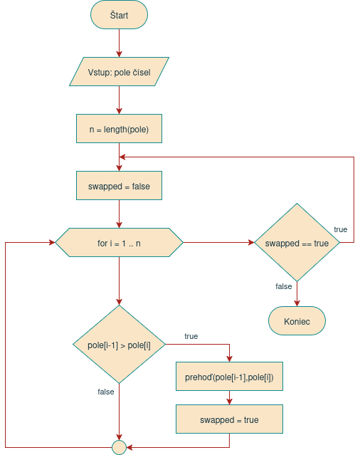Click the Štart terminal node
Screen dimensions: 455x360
pyautogui.click(x=119, y=15)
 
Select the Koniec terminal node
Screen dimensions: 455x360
pyautogui.click(x=297, y=320)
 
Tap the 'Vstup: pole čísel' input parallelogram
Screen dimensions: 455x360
pyautogui.click(x=119, y=72)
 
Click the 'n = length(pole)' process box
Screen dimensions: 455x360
pyautogui.click(x=119, y=129)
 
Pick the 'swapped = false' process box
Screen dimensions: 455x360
pyautogui.click(x=119, y=186)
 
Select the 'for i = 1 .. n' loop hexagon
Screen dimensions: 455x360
pyautogui.click(x=119, y=243)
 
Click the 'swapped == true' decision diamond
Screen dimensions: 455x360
pyautogui.click(x=297, y=243)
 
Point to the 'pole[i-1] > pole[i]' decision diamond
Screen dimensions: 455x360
pyautogui.click(x=119, y=345)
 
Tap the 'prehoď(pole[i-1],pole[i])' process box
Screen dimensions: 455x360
pyautogui.click(x=229, y=377)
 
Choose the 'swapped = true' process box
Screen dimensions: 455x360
pyautogui.click(x=229, y=419)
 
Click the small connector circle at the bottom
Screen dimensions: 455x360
pyautogui.click(x=119, y=447)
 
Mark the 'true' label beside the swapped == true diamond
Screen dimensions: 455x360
pyautogui.click(x=341, y=229)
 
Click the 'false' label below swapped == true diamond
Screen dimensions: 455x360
pyautogui.click(x=283, y=286)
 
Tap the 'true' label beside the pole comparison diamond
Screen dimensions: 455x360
pyautogui.click(x=191, y=335)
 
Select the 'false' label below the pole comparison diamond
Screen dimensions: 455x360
pyautogui.click(x=105, y=392)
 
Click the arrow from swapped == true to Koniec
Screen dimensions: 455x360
pyautogui.click(x=297, y=294)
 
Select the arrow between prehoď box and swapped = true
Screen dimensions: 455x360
pyautogui.click(x=229, y=398)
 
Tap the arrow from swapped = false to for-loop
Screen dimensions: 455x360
pyautogui.click(x=119, y=214)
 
